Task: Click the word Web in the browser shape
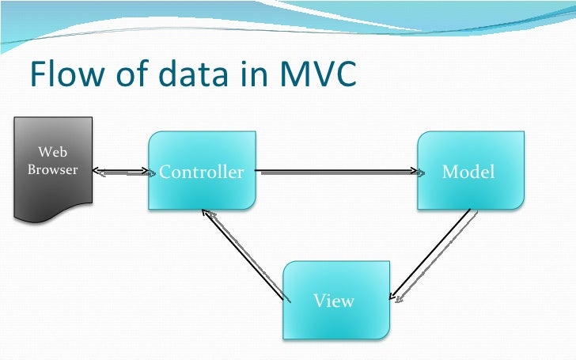click(53, 152)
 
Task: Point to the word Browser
click(53, 169)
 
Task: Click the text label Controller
click(202, 172)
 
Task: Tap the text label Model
click(468, 172)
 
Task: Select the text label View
click(333, 301)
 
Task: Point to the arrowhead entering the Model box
click(414, 171)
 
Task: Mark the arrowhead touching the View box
click(396, 298)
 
